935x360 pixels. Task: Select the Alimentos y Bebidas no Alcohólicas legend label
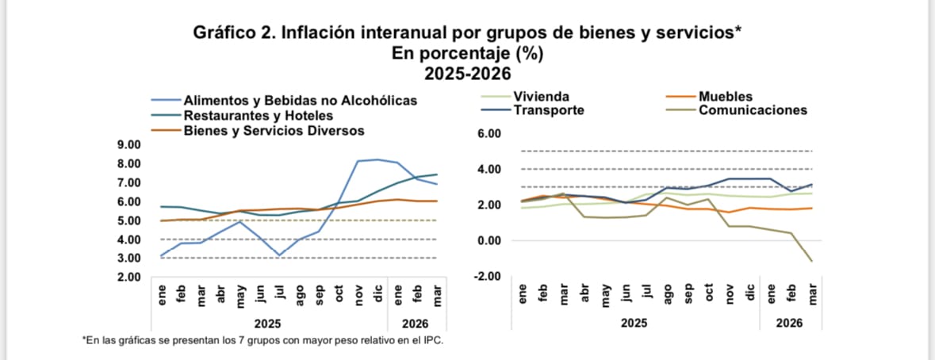(x=300, y=101)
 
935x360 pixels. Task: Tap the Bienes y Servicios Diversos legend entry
(x=274, y=129)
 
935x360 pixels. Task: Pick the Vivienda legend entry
(x=541, y=97)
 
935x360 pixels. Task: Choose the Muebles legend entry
(x=726, y=97)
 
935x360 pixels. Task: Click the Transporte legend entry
(x=549, y=110)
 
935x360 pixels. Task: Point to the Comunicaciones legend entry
(x=753, y=110)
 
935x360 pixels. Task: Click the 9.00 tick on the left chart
(x=128, y=144)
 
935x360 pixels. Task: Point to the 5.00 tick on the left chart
(x=128, y=220)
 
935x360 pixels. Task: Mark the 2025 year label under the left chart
(x=266, y=324)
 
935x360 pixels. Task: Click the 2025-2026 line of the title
(x=467, y=75)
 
